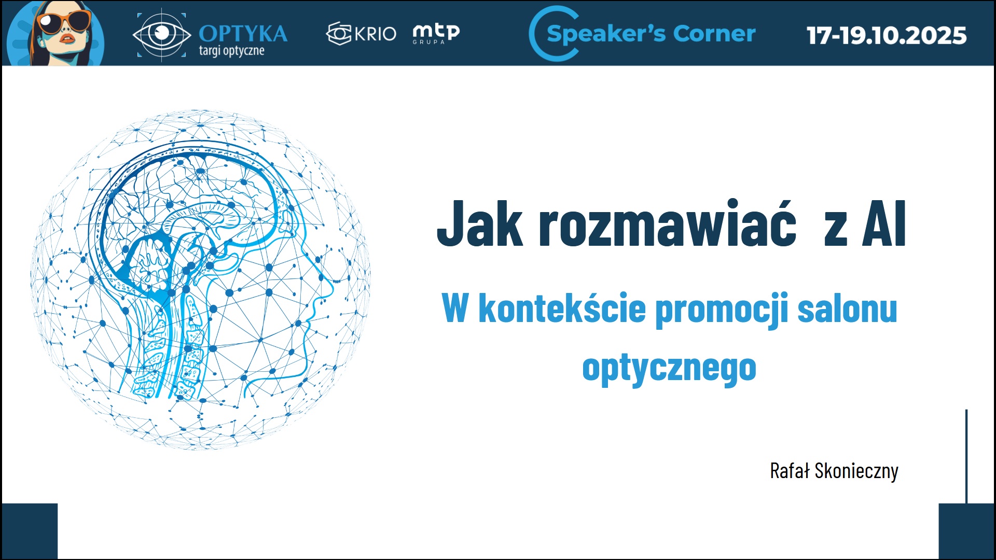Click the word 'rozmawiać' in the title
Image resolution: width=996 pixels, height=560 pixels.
[667, 223]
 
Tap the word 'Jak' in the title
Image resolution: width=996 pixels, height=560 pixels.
[480, 223]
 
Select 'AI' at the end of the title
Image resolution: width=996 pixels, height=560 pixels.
[884, 223]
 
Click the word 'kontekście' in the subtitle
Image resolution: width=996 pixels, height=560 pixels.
[562, 308]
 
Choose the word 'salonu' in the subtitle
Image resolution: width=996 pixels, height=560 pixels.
[848, 309]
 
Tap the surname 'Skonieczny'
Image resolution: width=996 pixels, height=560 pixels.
[856, 471]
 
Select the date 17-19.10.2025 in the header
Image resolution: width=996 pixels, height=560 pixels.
[887, 35]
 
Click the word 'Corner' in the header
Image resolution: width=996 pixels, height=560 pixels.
[714, 34]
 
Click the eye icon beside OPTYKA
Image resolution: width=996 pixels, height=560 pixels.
[162, 34]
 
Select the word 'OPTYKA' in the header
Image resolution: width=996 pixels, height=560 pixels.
[243, 34]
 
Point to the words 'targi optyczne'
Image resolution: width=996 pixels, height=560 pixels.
[231, 51]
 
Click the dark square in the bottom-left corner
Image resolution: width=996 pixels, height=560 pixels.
[30, 531]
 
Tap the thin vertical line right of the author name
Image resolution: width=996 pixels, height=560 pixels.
[966, 456]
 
